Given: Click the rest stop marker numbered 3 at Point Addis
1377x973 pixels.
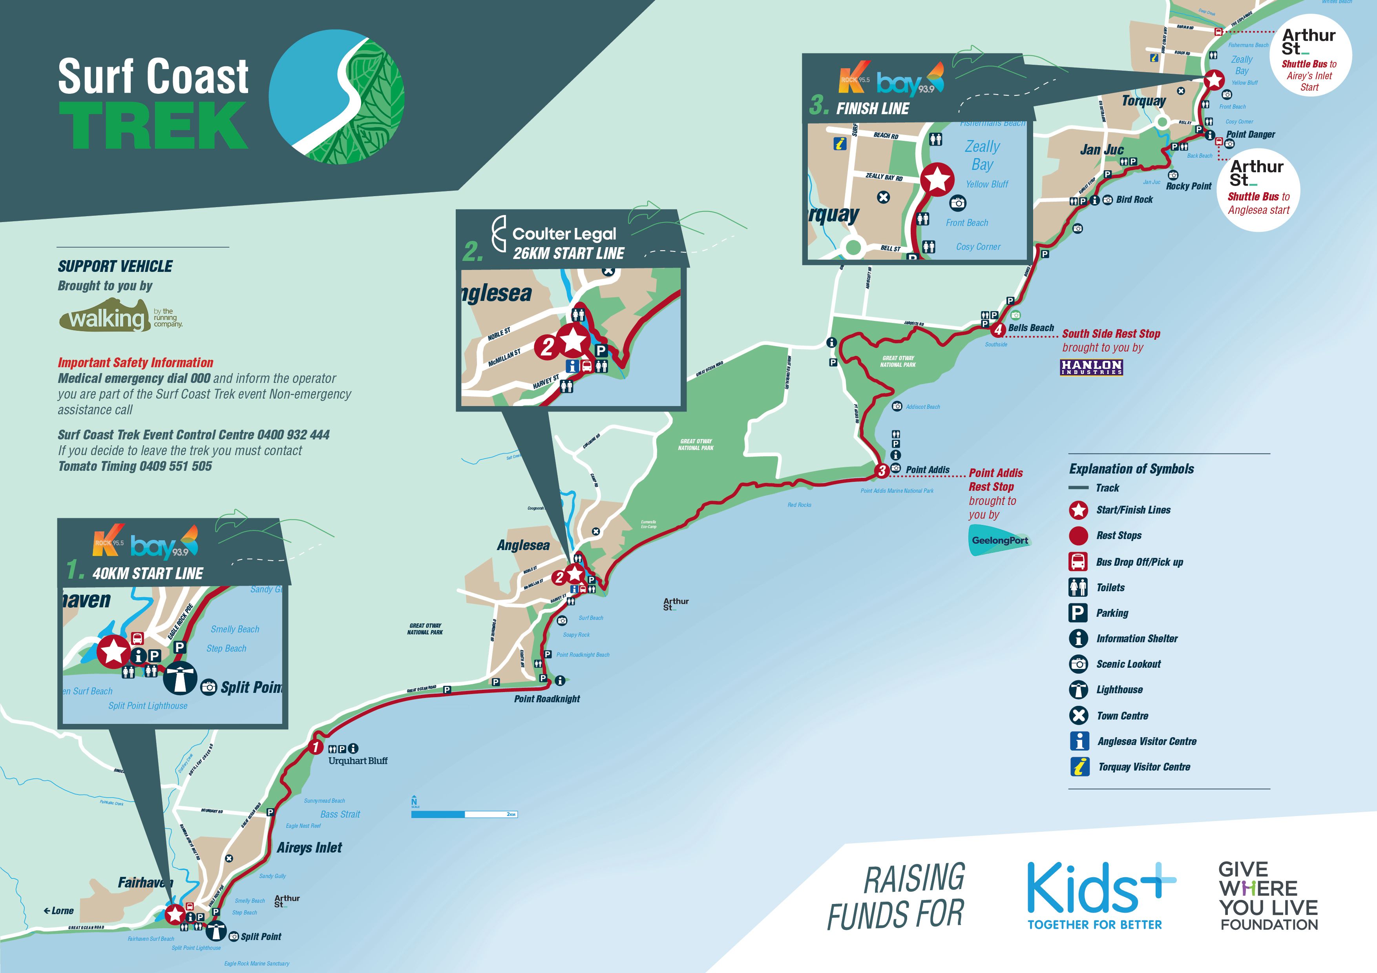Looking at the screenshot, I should [x=881, y=471].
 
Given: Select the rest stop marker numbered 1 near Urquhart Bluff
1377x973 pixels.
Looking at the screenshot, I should [x=316, y=747].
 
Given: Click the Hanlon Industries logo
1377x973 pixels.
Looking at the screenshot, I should [x=1091, y=367].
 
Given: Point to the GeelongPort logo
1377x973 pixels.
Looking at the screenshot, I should [x=1000, y=540].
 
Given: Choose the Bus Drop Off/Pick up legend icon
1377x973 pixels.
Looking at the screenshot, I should [x=1078, y=562].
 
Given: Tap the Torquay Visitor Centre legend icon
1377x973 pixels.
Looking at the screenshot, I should [x=1079, y=767].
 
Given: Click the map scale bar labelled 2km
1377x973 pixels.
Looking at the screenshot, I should [x=464, y=814].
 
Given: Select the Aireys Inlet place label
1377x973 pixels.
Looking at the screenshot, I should [x=309, y=848].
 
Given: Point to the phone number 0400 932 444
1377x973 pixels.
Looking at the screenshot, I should [x=293, y=435].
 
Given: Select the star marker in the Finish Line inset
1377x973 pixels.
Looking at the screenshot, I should [x=937, y=179].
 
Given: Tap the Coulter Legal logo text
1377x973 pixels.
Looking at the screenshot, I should [x=564, y=234].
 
